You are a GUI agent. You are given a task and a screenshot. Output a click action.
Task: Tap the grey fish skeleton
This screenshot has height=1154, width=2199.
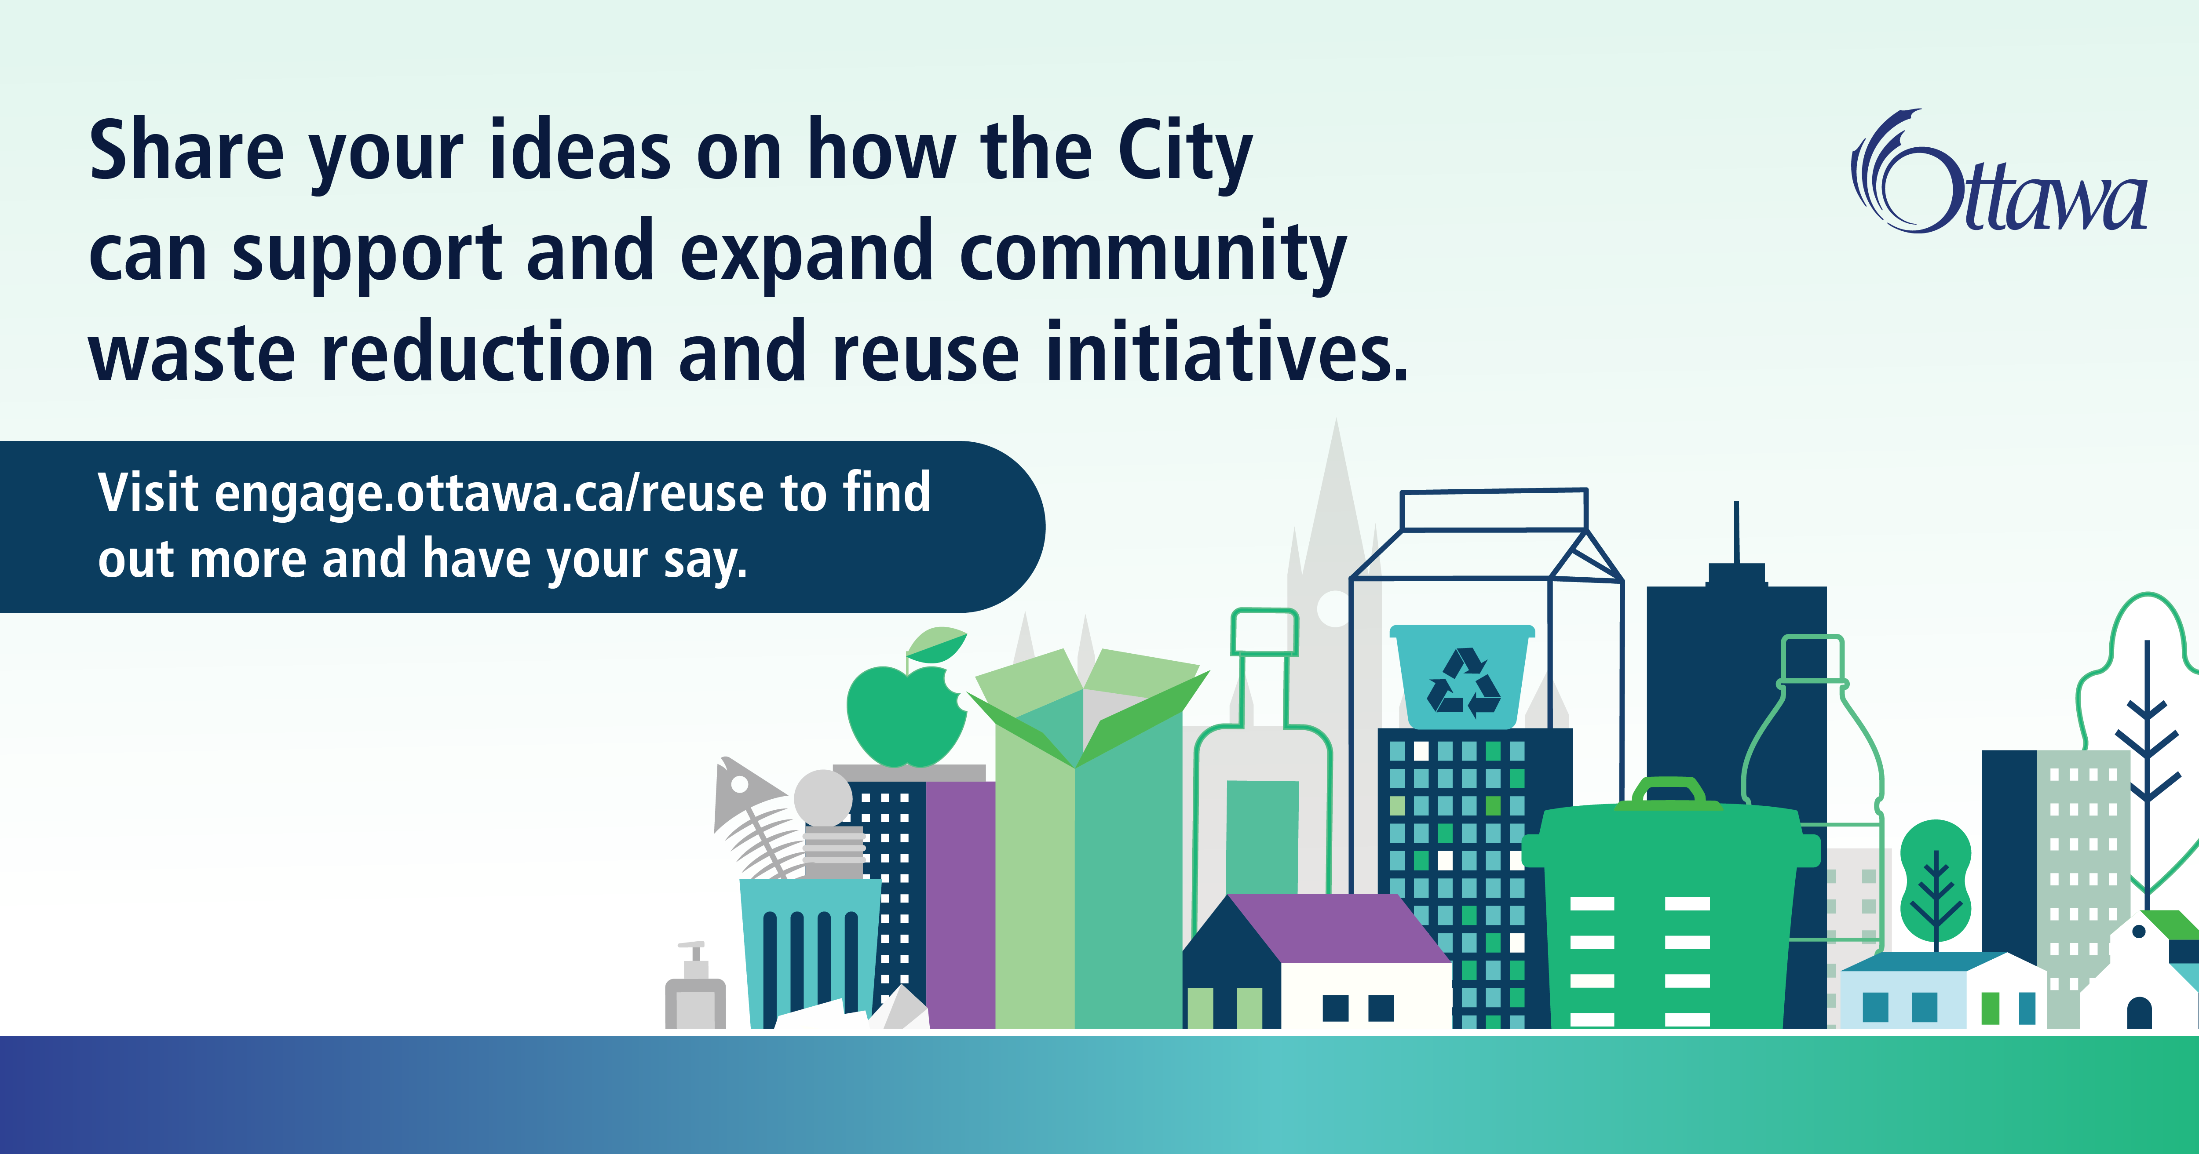[x=756, y=815]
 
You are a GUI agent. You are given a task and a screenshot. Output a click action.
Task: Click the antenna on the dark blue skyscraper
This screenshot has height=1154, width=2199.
[x=1736, y=533]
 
